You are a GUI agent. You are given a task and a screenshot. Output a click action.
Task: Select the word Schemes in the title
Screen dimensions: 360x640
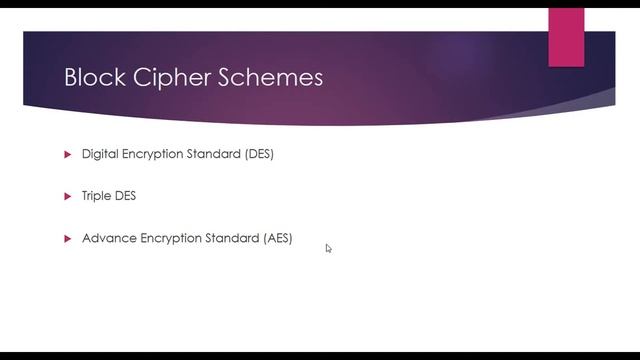275,77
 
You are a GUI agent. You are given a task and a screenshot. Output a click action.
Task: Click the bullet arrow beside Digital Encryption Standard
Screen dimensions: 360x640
68,155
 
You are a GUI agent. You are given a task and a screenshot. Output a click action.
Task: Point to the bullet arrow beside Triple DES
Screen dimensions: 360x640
68,196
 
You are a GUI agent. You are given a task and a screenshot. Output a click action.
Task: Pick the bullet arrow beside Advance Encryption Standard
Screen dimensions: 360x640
68,239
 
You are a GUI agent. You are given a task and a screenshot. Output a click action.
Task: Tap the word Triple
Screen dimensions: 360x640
97,196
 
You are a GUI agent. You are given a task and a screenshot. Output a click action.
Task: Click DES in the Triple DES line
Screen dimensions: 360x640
126,196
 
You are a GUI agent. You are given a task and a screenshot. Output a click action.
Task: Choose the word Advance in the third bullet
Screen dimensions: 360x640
108,239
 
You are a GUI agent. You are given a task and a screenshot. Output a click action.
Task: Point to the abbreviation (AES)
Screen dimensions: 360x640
277,239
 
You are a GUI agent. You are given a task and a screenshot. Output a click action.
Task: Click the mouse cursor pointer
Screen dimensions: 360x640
328,248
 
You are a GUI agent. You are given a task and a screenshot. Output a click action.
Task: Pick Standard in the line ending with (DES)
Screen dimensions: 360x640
217,155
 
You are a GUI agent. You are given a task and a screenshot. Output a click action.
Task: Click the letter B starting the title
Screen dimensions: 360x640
71,77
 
